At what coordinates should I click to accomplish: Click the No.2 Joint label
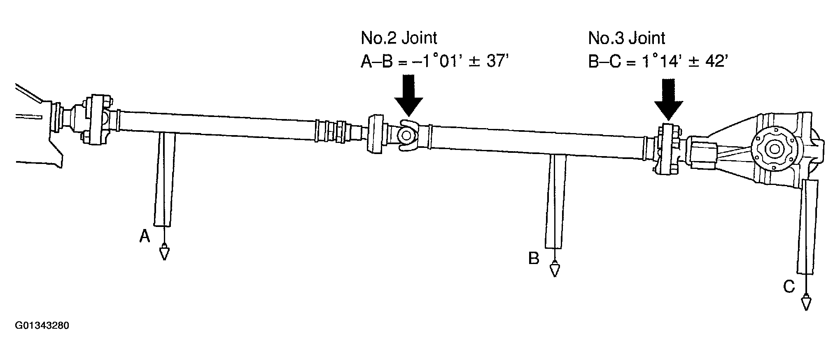[x=399, y=38]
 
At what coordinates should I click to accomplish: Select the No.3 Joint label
[x=627, y=38]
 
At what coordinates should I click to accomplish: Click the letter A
[x=145, y=236]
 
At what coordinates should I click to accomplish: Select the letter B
[x=534, y=259]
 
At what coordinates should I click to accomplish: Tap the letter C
[x=789, y=287]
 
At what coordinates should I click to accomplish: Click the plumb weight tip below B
[x=555, y=276]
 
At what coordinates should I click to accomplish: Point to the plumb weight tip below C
[x=805, y=310]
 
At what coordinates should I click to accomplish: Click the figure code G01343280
[x=42, y=326]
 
